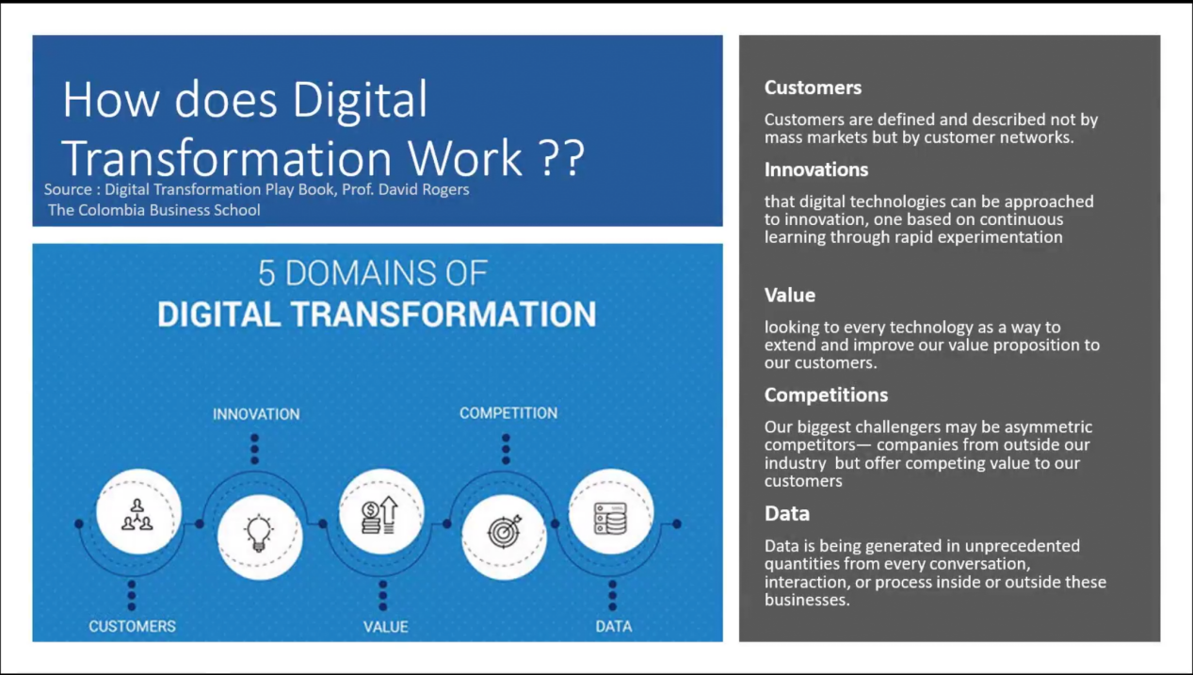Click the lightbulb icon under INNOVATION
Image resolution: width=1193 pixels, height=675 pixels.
[259, 533]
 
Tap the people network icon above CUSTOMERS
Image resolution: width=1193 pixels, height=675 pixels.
[137, 514]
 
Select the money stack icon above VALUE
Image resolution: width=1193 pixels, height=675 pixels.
[379, 515]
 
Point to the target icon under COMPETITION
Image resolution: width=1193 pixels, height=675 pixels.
[504, 531]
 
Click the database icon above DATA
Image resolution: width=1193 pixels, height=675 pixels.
[610, 518]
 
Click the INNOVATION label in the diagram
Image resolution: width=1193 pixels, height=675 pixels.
[256, 414]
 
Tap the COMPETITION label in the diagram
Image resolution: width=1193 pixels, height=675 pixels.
[508, 413]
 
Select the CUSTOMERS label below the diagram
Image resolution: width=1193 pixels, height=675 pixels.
[132, 626]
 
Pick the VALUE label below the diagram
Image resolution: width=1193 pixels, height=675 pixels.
[386, 627]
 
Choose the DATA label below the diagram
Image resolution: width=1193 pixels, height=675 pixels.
[614, 626]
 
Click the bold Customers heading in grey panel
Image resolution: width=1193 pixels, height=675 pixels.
[813, 88]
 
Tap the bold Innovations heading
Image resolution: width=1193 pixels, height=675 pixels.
[816, 169]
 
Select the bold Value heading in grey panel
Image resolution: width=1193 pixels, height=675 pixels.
[790, 295]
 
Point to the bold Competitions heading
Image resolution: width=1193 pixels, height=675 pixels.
[826, 394]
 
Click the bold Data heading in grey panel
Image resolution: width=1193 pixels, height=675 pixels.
[787, 513]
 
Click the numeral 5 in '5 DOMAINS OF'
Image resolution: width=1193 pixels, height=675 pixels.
[266, 274]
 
